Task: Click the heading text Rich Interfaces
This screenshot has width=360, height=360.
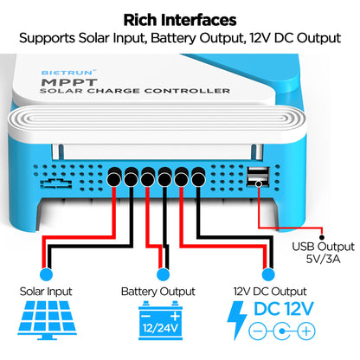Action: coord(179,18)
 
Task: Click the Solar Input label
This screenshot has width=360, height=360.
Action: coord(46,292)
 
